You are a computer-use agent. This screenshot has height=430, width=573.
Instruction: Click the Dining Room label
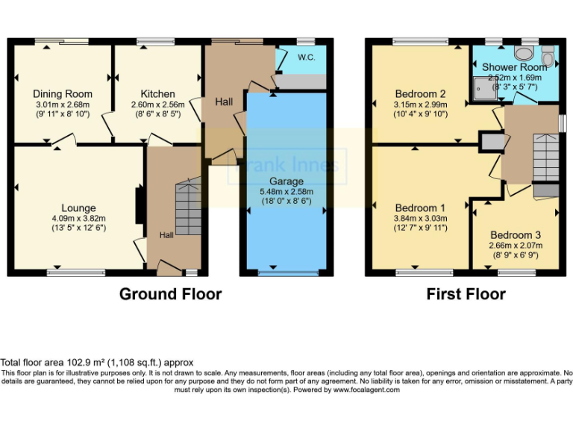click(63, 93)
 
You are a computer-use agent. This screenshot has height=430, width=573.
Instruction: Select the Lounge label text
click(78, 208)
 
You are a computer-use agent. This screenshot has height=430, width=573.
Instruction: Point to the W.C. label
click(306, 57)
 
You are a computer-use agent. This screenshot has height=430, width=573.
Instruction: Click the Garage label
click(286, 181)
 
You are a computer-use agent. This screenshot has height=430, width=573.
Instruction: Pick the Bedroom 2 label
click(421, 93)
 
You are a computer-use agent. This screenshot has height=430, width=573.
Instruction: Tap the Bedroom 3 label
click(516, 234)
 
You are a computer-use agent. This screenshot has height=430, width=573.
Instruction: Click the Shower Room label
click(514, 66)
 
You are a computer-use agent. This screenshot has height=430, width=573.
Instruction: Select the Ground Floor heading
click(170, 294)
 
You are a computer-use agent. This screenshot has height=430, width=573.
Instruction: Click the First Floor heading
click(466, 294)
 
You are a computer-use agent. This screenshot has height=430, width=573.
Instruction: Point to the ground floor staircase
click(188, 210)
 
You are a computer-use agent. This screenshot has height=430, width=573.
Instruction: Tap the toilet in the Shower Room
click(525, 52)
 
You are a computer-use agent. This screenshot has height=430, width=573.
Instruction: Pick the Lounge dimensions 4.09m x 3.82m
click(78, 219)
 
